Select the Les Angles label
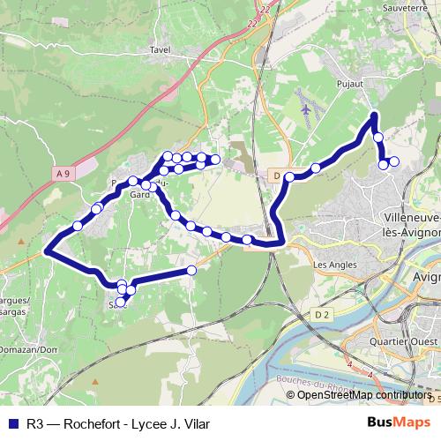point(332,264)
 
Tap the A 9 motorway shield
point(61,175)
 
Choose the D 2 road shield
point(320,313)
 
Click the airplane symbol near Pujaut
point(305,111)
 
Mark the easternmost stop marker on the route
point(393,161)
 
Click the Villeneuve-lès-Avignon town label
point(413,226)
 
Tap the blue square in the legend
point(10,422)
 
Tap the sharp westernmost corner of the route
point(45,251)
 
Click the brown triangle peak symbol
point(21,238)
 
